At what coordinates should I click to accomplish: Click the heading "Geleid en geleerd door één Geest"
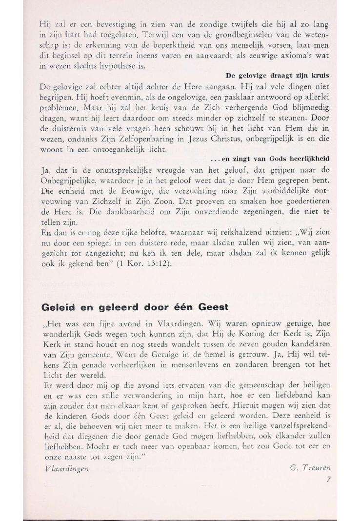coord(135,308)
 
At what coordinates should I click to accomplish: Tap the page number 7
coord(329,479)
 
